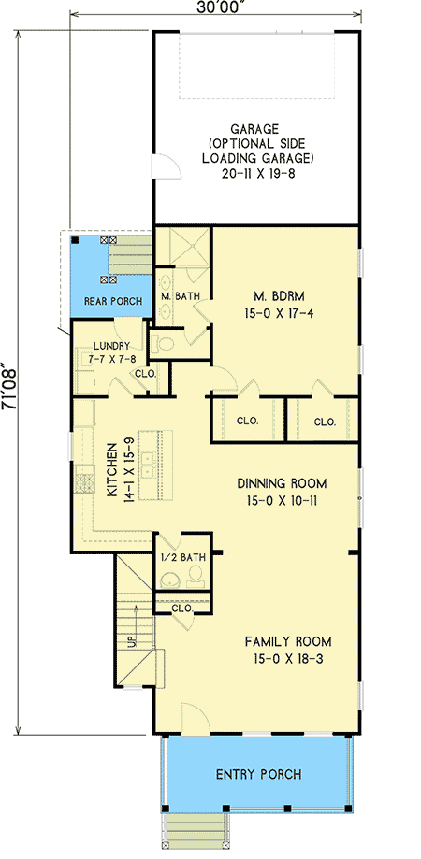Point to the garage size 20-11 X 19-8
coord(254,173)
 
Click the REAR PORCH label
coord(113,301)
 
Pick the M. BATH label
coord(179,296)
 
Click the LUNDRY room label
coord(110,346)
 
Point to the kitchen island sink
coord(149,464)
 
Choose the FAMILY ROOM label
coord(288,641)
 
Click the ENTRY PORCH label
coord(258,774)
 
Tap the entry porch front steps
coord(196,830)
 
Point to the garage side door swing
coord(167,165)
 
